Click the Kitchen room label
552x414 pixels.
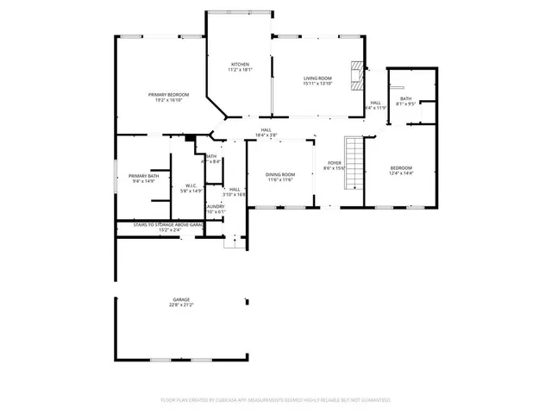coord(240,65)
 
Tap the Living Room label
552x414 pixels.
coord(317,78)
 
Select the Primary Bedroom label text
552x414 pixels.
coord(168,94)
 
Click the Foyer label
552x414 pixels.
coord(333,162)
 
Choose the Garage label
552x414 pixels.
coord(181,299)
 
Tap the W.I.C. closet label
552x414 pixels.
coord(191,185)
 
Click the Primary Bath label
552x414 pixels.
coord(144,175)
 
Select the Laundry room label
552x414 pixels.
coord(215,206)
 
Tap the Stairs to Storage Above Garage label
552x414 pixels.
coord(169,224)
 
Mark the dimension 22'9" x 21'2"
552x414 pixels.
coord(181,305)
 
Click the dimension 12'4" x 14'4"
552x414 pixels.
coord(401,173)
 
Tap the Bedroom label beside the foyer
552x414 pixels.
coord(401,167)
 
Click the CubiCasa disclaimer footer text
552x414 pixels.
coord(276,400)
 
